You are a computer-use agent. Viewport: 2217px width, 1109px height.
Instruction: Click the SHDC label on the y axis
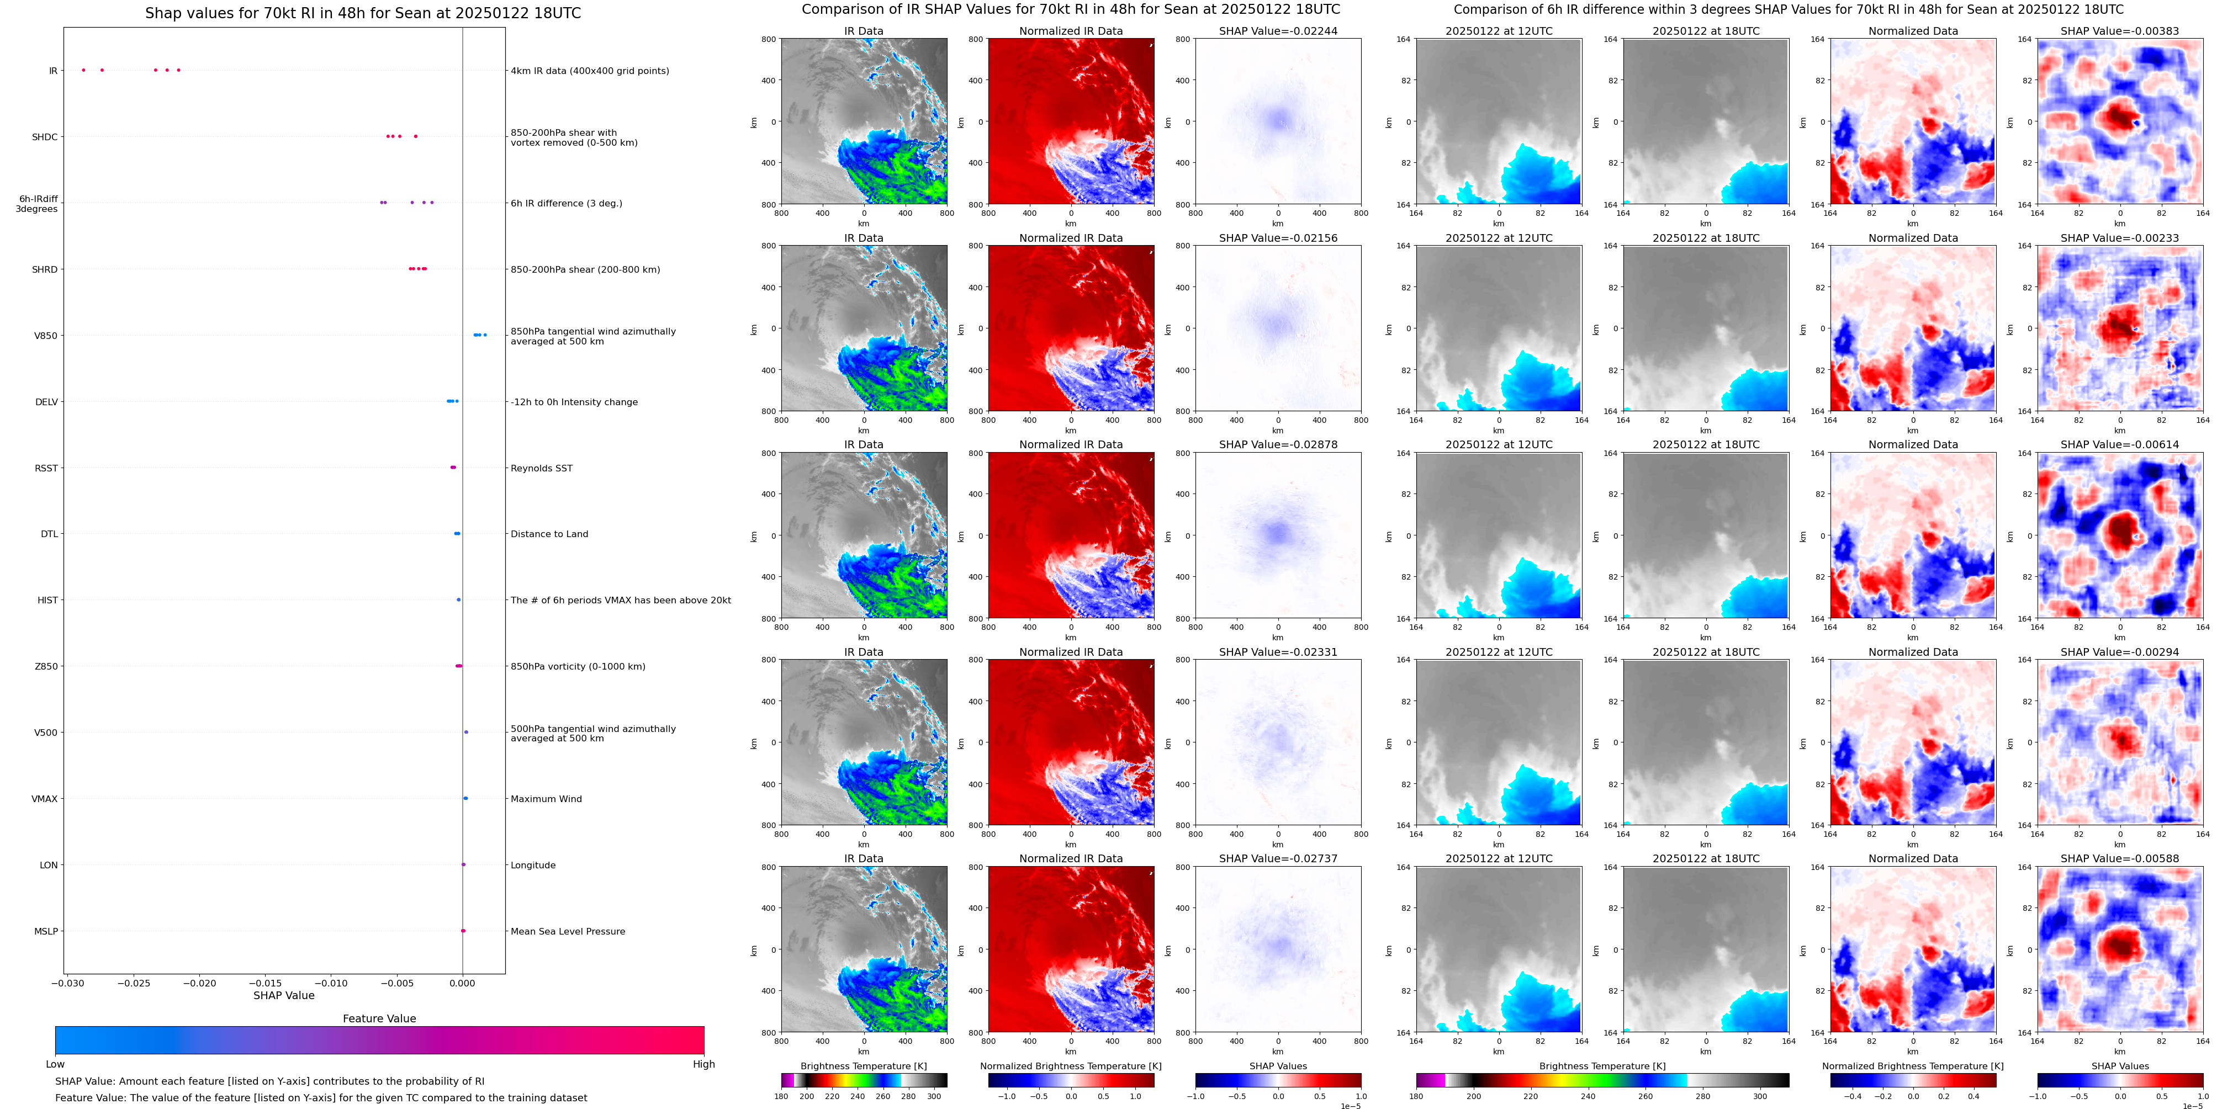[x=45, y=137]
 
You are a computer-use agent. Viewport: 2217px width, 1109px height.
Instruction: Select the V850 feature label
[x=46, y=336]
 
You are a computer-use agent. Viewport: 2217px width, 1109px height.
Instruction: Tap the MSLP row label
[x=46, y=931]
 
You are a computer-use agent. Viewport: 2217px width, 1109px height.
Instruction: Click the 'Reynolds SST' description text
[x=541, y=468]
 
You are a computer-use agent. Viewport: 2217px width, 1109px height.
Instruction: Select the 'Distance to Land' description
[x=549, y=534]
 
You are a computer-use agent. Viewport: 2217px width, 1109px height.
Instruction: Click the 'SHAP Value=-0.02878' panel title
[x=1278, y=445]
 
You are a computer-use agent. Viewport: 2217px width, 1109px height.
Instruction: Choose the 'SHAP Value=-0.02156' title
[x=1278, y=238]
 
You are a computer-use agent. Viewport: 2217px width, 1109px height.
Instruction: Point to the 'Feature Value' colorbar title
[x=379, y=1018]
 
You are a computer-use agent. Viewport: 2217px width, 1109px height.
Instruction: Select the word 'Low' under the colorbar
[x=55, y=1064]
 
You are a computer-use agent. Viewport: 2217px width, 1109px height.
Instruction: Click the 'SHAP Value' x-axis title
[x=284, y=995]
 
